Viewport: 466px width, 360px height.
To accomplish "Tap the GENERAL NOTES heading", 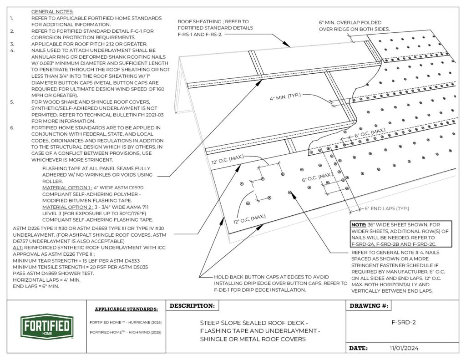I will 52,11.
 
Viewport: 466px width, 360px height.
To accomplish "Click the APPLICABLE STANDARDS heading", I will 126,309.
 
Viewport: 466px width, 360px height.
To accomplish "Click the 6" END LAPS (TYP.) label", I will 386,208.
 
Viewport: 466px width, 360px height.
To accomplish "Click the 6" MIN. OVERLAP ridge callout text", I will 354,25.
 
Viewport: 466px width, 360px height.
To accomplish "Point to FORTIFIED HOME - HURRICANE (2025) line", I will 126,323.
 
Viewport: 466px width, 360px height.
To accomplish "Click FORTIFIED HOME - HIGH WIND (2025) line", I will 126,332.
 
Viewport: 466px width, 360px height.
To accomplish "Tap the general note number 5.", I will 12,102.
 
